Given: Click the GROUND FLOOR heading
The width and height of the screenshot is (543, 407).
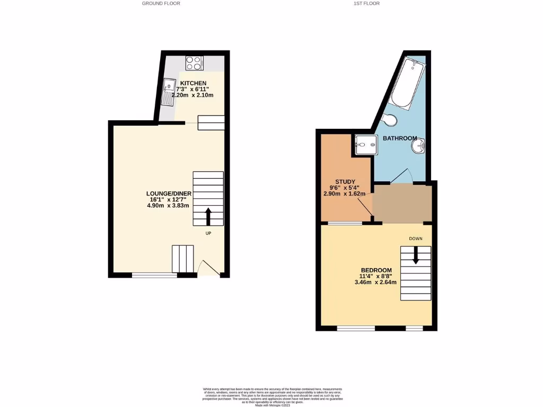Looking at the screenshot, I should click(x=161, y=3).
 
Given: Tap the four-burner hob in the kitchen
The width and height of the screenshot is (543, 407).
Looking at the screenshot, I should click(x=195, y=63).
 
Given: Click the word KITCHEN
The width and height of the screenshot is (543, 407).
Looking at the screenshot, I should click(x=193, y=84).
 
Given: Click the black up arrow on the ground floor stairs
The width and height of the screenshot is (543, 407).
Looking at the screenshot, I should click(x=208, y=216).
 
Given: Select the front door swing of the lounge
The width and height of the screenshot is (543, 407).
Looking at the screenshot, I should click(x=208, y=268).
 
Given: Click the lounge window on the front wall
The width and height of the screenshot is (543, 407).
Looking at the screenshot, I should click(x=154, y=275).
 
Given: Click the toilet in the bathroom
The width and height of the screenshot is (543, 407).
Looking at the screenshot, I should click(x=389, y=120).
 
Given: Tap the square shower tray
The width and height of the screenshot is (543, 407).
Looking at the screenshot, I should click(x=366, y=144).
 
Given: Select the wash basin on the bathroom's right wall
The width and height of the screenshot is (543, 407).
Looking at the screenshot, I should click(x=419, y=146).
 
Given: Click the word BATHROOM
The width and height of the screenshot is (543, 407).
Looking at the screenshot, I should click(x=400, y=138).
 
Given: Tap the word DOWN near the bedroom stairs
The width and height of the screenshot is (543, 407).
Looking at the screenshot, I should click(x=415, y=238).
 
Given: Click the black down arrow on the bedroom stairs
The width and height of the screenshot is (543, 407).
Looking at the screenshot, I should click(x=415, y=256).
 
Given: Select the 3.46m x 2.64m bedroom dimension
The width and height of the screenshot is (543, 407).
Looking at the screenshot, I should click(x=375, y=282).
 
